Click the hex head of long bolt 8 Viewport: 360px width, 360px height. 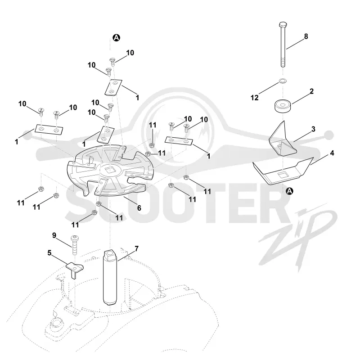click(x=283, y=24)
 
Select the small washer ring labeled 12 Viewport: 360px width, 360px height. click(x=283, y=81)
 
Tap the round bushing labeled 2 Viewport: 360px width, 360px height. click(x=283, y=106)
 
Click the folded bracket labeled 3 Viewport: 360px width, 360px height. click(x=283, y=140)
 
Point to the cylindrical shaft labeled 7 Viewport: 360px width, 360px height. click(x=110, y=277)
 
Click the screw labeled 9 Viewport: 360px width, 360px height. click(x=74, y=245)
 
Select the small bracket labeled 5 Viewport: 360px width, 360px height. click(x=75, y=269)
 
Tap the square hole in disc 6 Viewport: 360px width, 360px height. click(x=108, y=170)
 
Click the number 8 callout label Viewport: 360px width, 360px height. click(x=306, y=36)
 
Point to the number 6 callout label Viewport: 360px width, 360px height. click(x=139, y=208)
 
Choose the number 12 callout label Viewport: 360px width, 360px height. click(x=254, y=98)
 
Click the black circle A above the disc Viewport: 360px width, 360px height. click(x=117, y=38)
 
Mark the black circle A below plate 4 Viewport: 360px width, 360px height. click(x=290, y=191)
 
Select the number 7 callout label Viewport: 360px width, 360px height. click(x=137, y=249)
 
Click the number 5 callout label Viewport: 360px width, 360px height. click(x=49, y=253)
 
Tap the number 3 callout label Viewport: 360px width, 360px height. click(x=313, y=129)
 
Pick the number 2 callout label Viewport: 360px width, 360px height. click(x=311, y=91)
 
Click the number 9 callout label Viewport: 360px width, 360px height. click(x=54, y=235)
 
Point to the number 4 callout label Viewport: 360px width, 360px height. click(x=332, y=153)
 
